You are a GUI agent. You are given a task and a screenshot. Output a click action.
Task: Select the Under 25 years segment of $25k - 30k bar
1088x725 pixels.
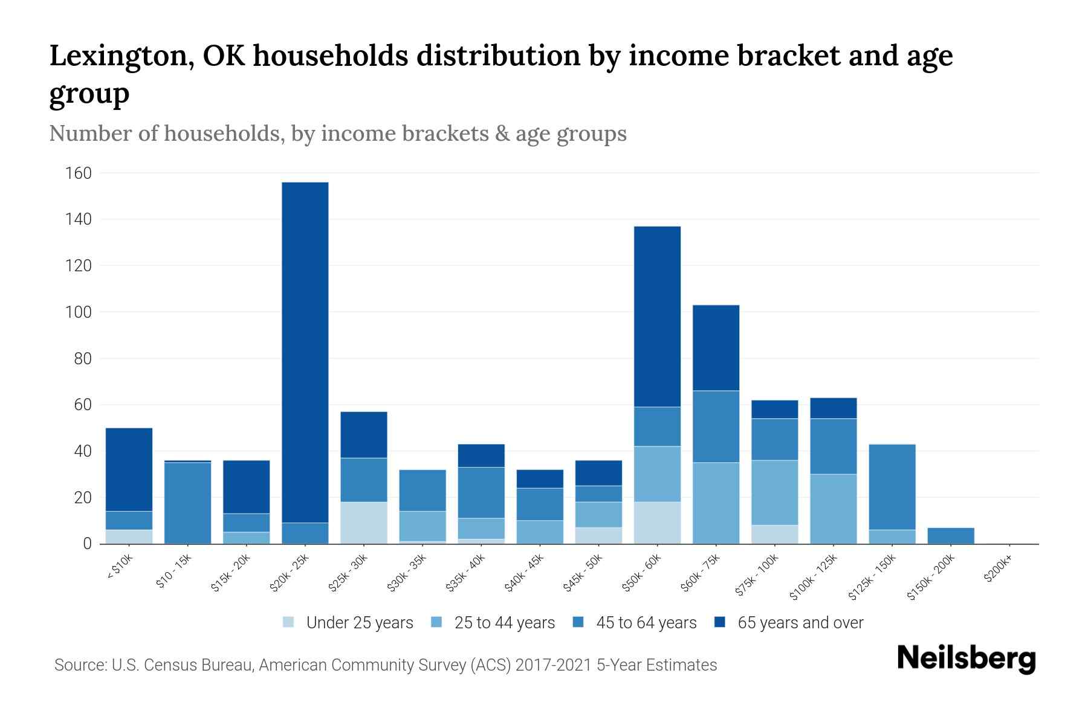click(x=364, y=523)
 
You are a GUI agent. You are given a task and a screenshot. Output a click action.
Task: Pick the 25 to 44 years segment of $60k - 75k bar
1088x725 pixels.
click(x=716, y=503)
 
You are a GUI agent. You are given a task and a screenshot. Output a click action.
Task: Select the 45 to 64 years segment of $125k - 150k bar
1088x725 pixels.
click(x=892, y=487)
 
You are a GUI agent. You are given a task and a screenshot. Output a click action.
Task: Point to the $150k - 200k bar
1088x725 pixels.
click(x=950, y=536)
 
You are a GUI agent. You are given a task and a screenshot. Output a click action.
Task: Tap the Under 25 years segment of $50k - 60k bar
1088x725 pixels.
click(x=657, y=523)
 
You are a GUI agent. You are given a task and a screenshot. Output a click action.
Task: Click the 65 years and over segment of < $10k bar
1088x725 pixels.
click(x=129, y=469)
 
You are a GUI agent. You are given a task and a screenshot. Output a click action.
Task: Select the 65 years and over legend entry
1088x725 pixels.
click(x=789, y=623)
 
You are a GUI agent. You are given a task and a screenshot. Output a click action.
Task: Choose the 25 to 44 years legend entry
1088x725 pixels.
click(x=493, y=623)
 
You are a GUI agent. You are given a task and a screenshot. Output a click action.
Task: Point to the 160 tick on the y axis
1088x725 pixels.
click(x=79, y=173)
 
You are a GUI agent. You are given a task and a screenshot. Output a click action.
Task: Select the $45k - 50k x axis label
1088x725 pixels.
click(x=583, y=573)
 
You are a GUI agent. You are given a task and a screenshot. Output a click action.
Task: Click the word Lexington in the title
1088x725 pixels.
click(x=121, y=56)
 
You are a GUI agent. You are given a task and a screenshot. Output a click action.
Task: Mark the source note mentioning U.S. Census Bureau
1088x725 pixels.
click(x=386, y=665)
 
